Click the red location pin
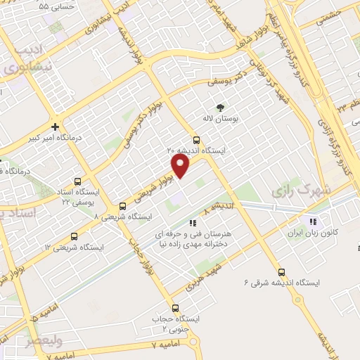coord(181,167)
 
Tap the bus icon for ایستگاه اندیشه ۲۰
coord(195,139)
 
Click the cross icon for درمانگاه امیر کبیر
coord(55,127)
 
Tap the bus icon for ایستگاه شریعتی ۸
coord(123,206)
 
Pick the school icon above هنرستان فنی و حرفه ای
coord(193,222)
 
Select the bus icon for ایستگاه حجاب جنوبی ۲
coord(175,307)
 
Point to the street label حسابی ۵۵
coord(54,6)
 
